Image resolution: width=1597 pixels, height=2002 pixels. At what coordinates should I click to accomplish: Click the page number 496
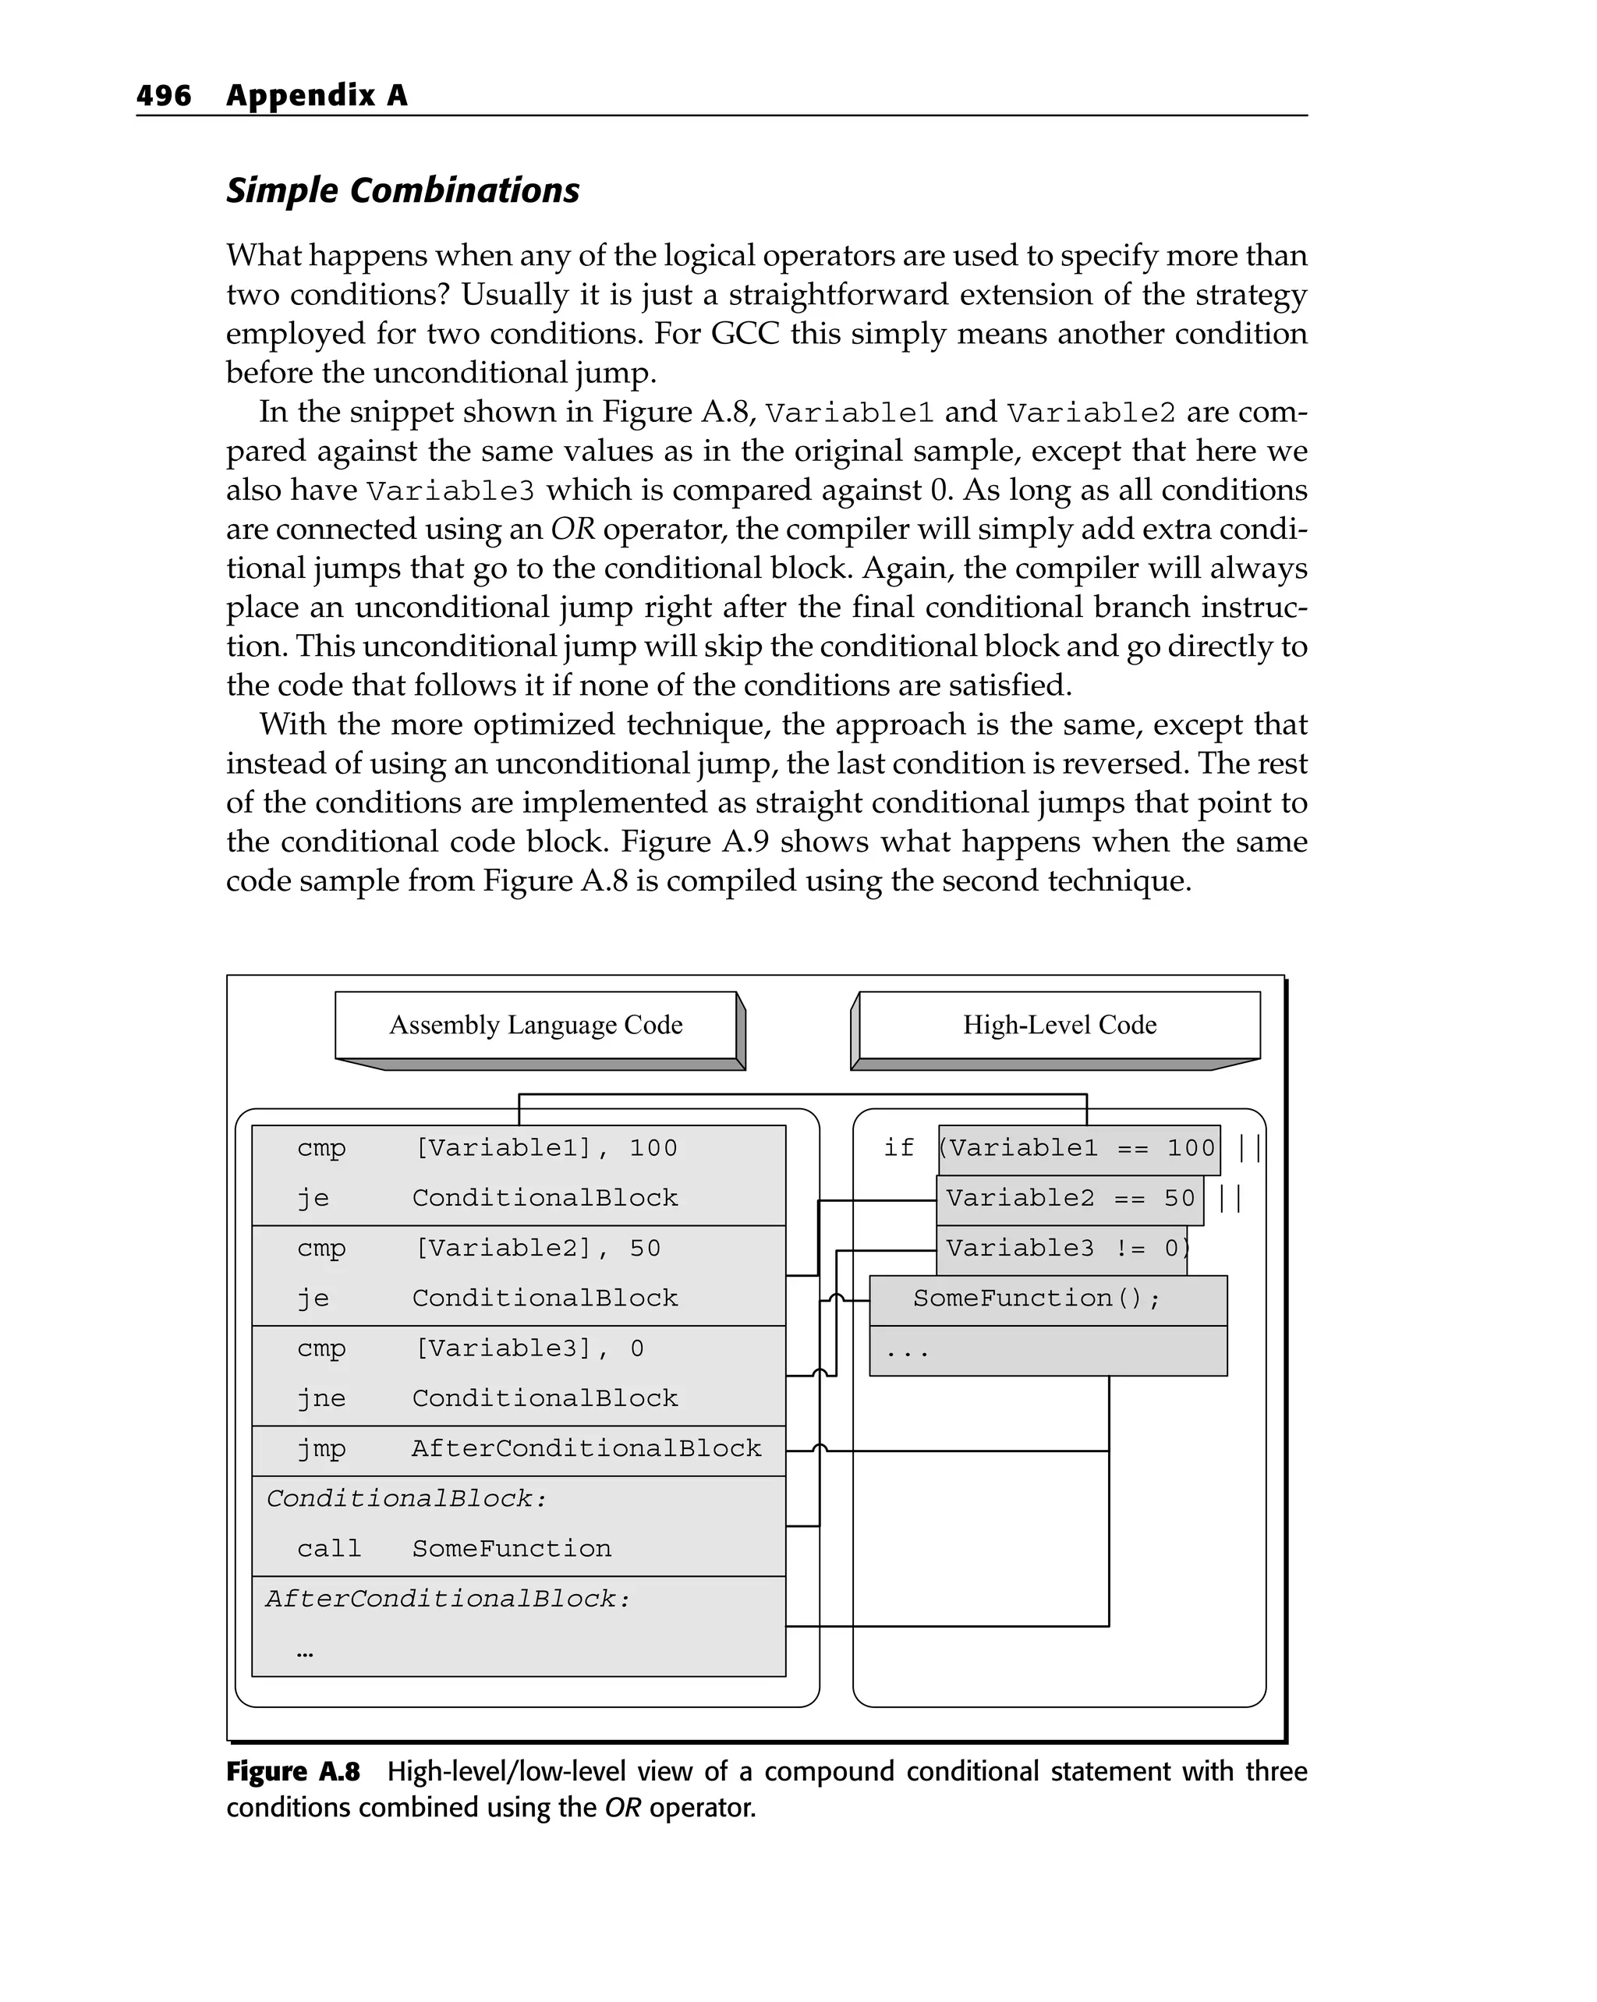point(164,96)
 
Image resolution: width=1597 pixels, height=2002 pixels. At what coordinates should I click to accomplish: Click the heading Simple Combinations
point(402,190)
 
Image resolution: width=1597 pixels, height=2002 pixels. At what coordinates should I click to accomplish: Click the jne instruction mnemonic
point(321,1398)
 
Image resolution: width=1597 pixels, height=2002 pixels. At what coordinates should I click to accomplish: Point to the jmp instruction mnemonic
point(321,1448)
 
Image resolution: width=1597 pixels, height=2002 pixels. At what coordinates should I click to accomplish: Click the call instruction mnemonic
point(329,1549)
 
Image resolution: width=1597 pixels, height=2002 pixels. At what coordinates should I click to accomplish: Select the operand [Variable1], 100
point(546,1149)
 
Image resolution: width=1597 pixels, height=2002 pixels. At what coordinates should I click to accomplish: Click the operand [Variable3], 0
point(529,1348)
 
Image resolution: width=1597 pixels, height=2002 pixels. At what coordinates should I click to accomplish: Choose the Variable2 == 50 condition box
point(1070,1199)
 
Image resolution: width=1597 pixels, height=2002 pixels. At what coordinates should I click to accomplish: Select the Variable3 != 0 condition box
point(1062,1249)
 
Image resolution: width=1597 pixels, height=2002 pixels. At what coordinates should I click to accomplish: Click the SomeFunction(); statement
point(1036,1299)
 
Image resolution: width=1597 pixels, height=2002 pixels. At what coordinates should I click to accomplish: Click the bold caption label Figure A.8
point(292,1773)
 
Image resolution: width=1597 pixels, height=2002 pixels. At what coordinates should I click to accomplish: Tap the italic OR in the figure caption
point(622,1808)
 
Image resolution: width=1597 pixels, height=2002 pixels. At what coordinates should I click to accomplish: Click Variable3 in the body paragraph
point(450,491)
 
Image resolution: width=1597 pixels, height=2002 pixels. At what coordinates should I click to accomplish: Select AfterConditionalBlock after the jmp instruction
point(587,1448)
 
